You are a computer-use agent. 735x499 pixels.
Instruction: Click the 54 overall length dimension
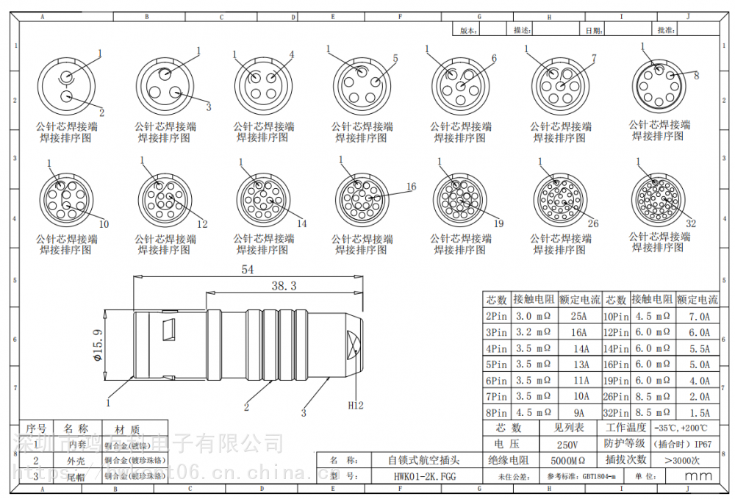[248, 270]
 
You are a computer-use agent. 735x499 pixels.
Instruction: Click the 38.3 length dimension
[284, 286]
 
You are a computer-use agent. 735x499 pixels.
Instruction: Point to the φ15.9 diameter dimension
[96, 345]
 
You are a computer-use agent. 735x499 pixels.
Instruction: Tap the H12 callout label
[356, 405]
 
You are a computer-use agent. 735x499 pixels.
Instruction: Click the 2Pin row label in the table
[496, 316]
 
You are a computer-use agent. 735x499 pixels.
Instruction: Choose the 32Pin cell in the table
[615, 413]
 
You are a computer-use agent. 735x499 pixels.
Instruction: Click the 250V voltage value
[567, 445]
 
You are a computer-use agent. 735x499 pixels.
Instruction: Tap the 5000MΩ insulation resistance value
[567, 461]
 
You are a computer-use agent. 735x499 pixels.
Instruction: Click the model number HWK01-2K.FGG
[424, 476]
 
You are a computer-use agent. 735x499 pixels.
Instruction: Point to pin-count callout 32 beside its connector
[690, 223]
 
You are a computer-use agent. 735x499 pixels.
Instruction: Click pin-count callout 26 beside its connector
[593, 223]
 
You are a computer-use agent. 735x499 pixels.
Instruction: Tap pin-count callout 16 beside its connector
[411, 187]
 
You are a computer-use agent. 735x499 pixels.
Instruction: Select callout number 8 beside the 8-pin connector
[696, 75]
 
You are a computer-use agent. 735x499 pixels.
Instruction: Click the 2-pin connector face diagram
[67, 87]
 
